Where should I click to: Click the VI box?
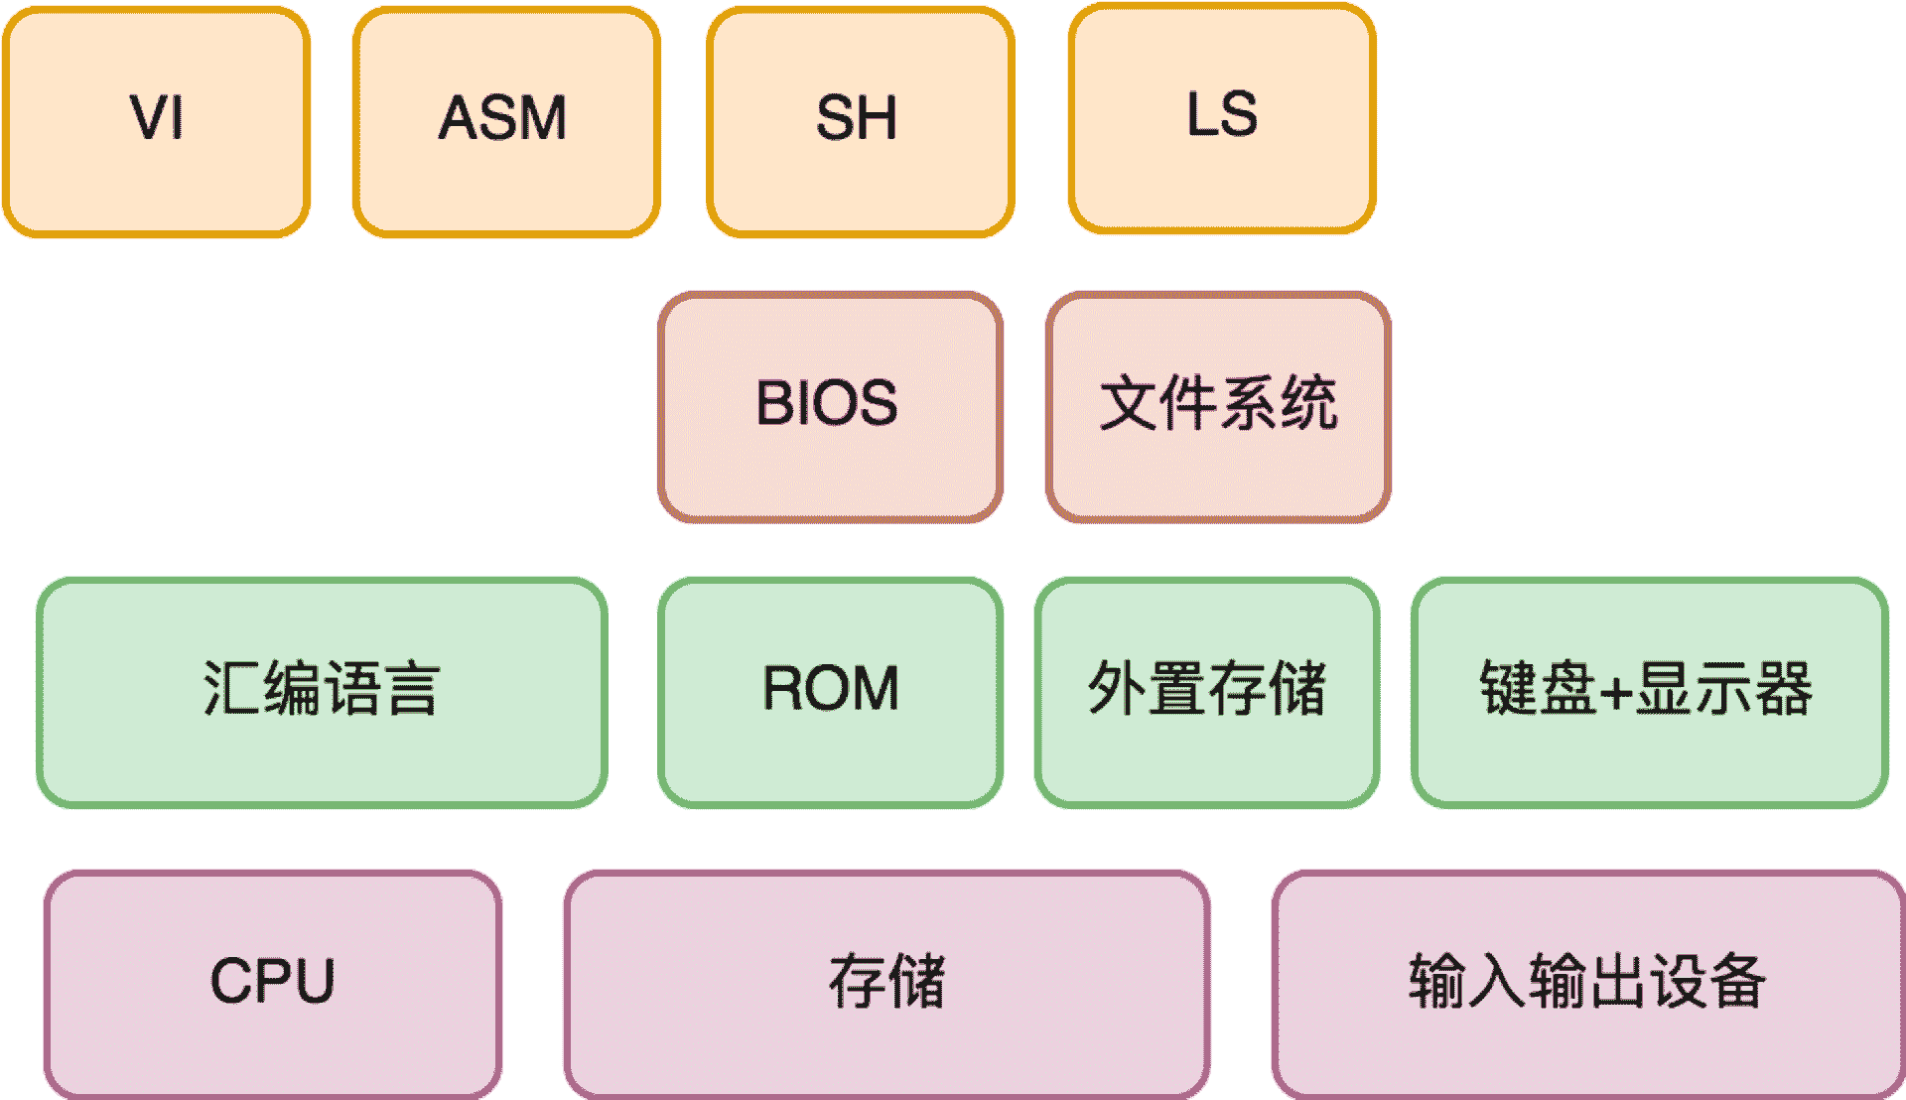(x=157, y=121)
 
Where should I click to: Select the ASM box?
(x=506, y=121)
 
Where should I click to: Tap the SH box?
(x=860, y=121)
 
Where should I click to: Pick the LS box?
(x=1222, y=118)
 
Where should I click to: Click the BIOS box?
(x=830, y=406)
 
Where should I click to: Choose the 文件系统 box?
(x=1218, y=406)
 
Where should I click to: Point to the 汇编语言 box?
(x=322, y=692)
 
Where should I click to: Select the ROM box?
(x=830, y=692)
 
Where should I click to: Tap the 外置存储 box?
(x=1207, y=692)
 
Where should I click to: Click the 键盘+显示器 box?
(x=1649, y=692)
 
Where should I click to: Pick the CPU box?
(x=273, y=984)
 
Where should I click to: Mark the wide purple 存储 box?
(x=886, y=984)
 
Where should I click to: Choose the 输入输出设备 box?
(x=1587, y=984)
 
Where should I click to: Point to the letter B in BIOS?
(x=773, y=403)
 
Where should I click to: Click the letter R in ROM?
(x=782, y=688)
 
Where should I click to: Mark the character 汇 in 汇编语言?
(x=232, y=688)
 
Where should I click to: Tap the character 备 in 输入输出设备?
(x=1736, y=981)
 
